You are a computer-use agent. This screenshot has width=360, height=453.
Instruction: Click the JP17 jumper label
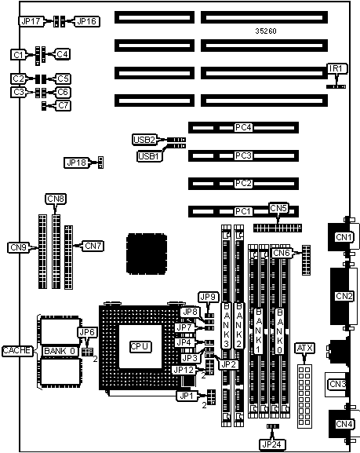pos(31,21)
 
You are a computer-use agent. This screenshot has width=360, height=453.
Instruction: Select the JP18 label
pos(77,163)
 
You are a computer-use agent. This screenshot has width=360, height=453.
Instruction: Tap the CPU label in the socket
pos(140,346)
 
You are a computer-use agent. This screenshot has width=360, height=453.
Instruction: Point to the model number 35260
pos(266,31)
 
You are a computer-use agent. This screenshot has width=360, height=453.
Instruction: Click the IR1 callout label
pos(336,68)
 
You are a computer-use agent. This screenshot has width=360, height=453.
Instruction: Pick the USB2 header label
pos(144,140)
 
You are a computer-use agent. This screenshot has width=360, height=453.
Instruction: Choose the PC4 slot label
pos(243,127)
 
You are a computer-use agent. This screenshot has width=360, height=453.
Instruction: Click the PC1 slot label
pos(243,211)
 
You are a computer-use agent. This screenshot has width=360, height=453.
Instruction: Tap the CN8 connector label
pos(56,199)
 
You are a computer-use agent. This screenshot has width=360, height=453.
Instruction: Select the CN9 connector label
pos(18,247)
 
